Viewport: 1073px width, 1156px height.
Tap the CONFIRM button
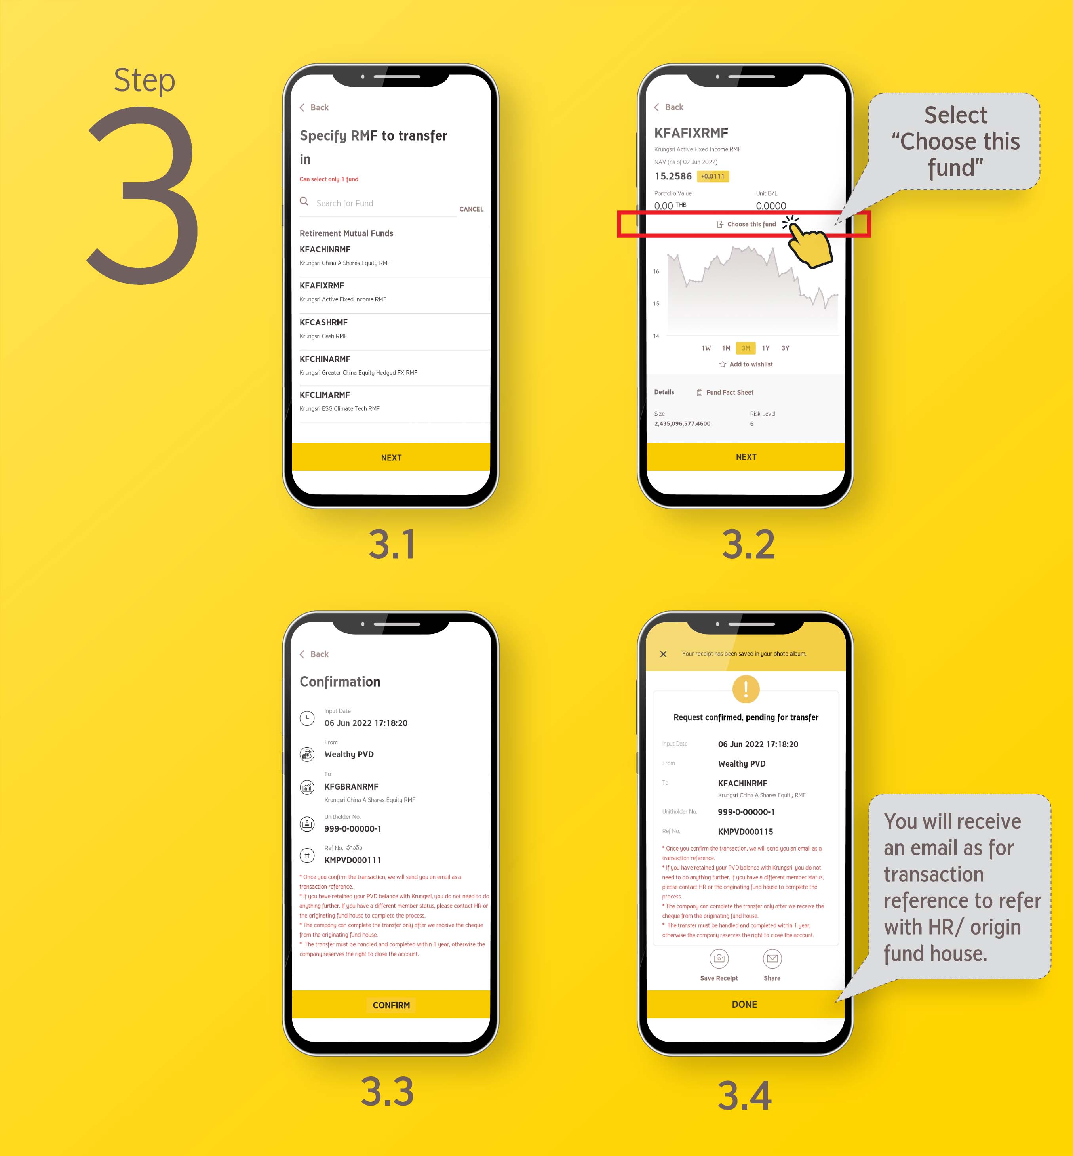point(391,1005)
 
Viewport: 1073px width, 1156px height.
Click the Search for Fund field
point(377,203)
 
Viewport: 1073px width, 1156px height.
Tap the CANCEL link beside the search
point(471,209)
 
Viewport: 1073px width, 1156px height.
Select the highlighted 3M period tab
point(746,348)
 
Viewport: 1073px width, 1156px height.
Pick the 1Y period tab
point(766,348)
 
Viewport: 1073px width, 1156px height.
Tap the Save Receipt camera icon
point(719,958)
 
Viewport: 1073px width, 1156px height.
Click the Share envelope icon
point(772,958)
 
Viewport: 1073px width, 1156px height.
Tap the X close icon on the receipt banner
point(663,654)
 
